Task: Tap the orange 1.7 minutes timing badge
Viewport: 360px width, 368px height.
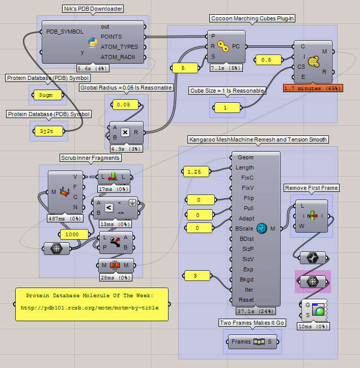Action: (313, 88)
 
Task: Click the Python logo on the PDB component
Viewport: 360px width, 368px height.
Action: (93, 42)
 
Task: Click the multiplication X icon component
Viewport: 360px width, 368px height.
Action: (125, 132)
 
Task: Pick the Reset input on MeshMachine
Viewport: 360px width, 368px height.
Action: (246, 300)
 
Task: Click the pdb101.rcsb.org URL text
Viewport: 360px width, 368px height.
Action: (90, 307)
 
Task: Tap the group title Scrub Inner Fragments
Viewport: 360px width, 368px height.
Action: (90, 158)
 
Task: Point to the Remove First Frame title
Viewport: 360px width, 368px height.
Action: (311, 188)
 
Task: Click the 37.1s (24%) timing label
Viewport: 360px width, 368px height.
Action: (256, 310)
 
